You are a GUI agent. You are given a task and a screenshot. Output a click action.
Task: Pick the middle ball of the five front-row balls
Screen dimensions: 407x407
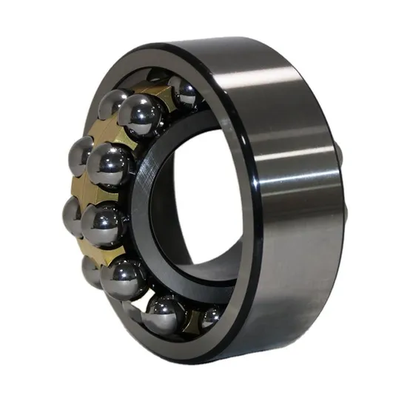(x=104, y=223)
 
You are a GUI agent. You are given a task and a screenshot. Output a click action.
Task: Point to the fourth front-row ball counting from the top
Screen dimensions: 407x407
(x=123, y=276)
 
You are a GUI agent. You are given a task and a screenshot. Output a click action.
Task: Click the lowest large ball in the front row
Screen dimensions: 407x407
(x=164, y=314)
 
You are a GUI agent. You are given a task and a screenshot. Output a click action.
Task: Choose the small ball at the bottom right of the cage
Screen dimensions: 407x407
(x=210, y=317)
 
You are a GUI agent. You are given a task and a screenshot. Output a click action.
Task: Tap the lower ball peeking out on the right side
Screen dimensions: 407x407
(x=345, y=215)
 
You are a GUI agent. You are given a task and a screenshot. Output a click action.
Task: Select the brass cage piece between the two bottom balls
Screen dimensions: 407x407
(x=191, y=320)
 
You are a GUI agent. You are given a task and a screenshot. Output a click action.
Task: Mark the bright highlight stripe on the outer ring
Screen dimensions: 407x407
(x=296, y=148)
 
